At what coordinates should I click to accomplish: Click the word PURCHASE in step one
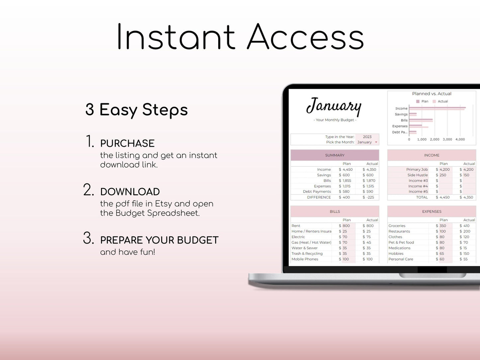click(x=127, y=143)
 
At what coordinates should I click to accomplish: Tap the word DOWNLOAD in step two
click(x=130, y=192)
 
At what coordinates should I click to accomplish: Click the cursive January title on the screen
click(x=334, y=107)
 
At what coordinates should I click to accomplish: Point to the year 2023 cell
click(x=367, y=136)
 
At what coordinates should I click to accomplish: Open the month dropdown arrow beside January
click(x=376, y=142)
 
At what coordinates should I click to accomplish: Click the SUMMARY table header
click(x=335, y=155)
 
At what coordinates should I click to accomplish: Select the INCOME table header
click(x=432, y=155)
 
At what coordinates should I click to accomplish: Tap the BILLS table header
click(x=335, y=211)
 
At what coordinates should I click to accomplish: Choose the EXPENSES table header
click(x=432, y=211)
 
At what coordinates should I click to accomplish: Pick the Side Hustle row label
click(x=418, y=175)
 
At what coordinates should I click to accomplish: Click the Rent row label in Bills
click(x=296, y=225)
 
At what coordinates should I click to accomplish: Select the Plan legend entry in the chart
click(x=422, y=101)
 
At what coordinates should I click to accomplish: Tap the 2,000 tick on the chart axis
click(x=434, y=139)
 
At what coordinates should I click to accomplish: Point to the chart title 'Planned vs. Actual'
click(x=432, y=94)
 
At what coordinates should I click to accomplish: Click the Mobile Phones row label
click(x=305, y=259)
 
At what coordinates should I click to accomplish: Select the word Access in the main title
click(x=305, y=37)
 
